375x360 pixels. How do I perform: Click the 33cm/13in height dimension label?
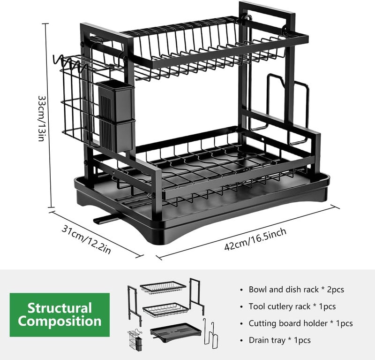(41, 119)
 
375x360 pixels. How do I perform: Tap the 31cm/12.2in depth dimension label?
(86, 239)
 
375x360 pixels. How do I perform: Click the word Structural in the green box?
(60, 308)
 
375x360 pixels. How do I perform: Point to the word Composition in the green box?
(60, 321)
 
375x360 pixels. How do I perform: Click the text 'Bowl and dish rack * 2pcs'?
(296, 290)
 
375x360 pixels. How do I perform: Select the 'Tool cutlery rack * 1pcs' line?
(292, 306)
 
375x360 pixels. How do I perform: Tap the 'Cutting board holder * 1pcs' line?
(300, 323)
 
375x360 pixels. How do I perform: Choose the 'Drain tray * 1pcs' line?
(279, 340)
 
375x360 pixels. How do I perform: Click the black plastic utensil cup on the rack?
(116, 117)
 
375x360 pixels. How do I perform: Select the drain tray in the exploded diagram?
(176, 332)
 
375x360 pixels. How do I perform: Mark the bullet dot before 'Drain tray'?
(241, 341)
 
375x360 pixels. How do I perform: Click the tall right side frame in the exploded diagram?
(197, 297)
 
